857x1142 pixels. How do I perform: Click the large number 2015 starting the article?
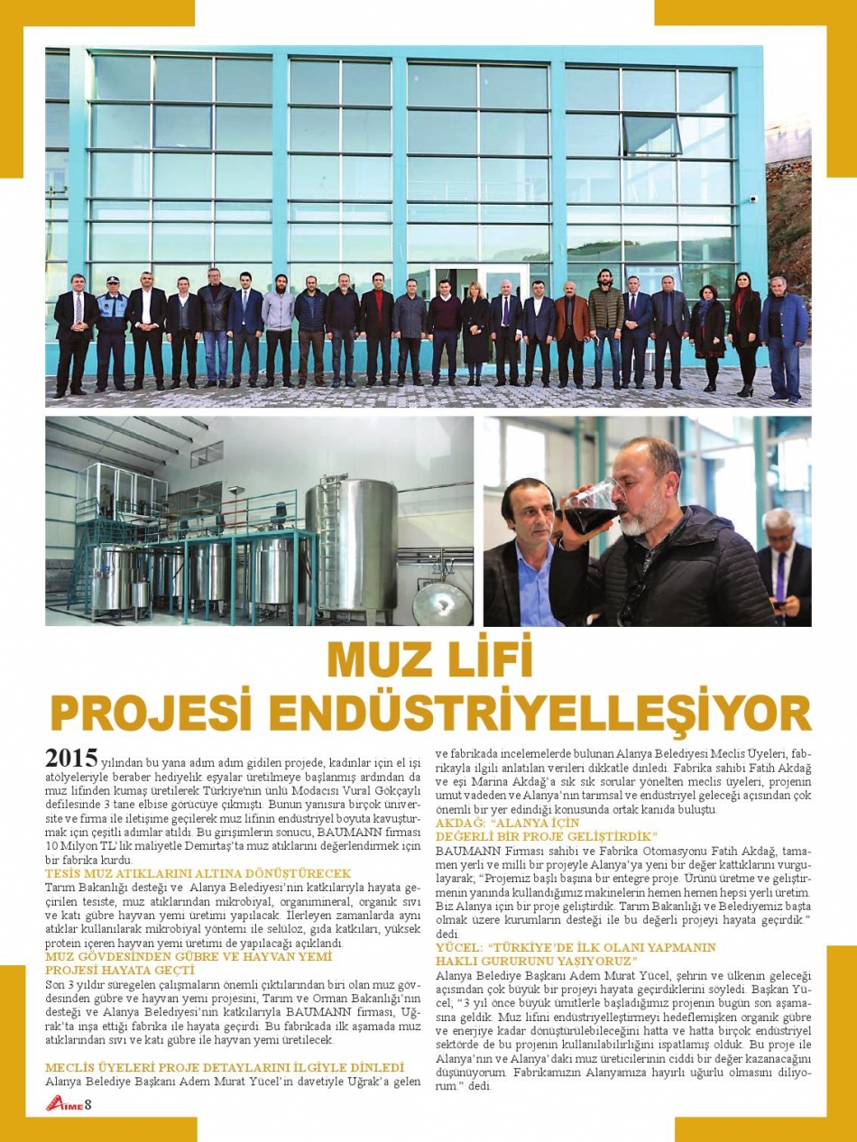pos(70,756)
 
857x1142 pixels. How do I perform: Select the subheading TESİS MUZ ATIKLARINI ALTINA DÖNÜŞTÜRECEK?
pos(198,874)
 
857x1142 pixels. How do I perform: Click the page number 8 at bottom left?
pos(88,1105)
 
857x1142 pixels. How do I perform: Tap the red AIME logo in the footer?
pos(63,1105)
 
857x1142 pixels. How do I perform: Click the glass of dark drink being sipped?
pos(590,506)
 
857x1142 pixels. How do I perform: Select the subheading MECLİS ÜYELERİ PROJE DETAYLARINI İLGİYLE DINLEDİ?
pos(225,1067)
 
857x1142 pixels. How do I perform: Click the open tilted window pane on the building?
pos(650,135)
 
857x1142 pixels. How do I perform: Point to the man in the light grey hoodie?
pos(279,329)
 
